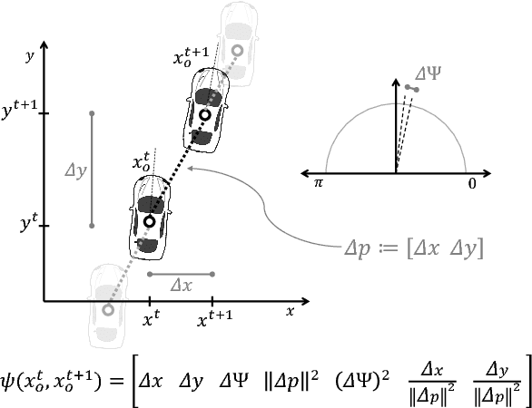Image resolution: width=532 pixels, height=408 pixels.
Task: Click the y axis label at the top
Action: [x=30, y=57]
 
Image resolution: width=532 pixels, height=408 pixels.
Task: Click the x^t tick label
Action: [x=151, y=319]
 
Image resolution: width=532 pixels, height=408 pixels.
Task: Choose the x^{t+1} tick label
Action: [x=212, y=319]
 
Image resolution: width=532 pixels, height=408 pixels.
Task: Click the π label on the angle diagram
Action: [x=319, y=183]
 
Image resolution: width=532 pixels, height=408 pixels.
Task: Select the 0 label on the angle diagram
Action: [x=472, y=183]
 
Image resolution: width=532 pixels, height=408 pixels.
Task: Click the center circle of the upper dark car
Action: [x=206, y=115]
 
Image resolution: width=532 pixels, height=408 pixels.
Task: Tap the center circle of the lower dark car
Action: [x=149, y=221]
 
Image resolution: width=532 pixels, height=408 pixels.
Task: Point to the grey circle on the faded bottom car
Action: [x=108, y=310]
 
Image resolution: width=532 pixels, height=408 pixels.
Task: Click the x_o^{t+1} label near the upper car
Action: [x=192, y=58]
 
